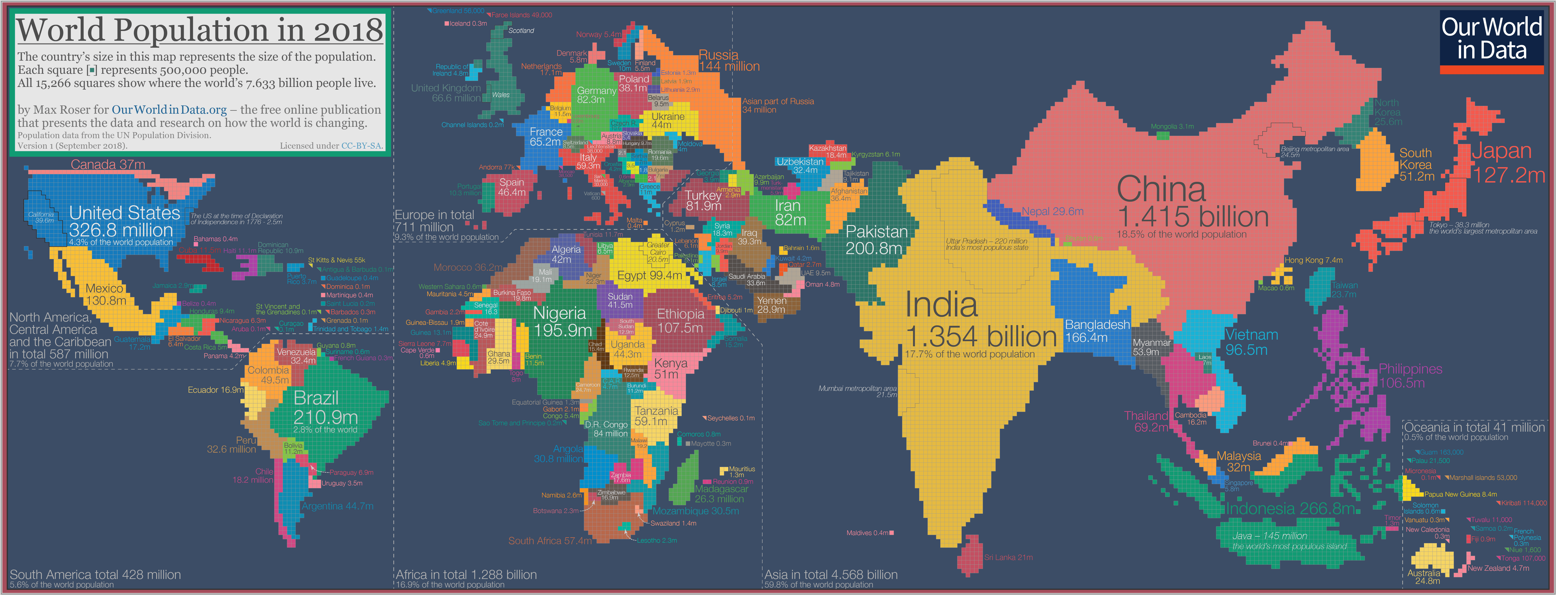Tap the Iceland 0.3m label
[x=468, y=24]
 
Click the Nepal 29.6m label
[x=1052, y=211]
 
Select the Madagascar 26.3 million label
[x=721, y=494]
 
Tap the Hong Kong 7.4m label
[x=1313, y=260]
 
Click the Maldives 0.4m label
[x=867, y=533]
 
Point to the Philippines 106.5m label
[x=1410, y=376]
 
